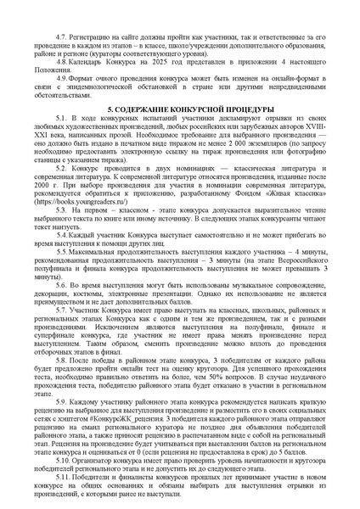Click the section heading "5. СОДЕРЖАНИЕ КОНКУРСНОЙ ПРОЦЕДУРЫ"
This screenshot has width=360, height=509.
(x=179, y=112)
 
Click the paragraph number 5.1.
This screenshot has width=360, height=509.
(x=61, y=125)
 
